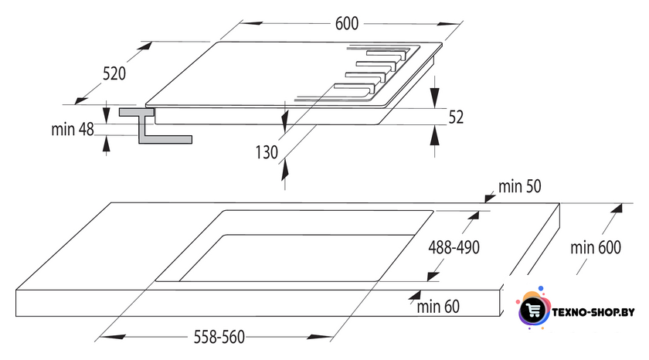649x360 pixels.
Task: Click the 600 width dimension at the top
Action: [347, 24]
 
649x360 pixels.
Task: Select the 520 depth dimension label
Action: [114, 73]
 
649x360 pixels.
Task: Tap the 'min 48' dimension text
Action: [73, 130]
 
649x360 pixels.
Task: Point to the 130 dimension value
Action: [267, 152]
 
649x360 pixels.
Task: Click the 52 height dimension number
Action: [456, 117]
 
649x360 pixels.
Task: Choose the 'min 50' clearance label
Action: [519, 187]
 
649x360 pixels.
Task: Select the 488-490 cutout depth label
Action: [454, 247]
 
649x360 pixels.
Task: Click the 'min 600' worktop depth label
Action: [596, 247]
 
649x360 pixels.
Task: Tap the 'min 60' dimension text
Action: [438, 307]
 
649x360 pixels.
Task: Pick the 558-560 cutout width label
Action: [219, 338]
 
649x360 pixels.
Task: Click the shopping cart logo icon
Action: [532, 309]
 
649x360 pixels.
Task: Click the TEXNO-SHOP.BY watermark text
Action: [593, 312]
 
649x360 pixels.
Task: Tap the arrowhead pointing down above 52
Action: [434, 98]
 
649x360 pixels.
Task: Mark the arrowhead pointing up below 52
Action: [434, 135]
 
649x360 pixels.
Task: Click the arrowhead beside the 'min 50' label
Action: [490, 198]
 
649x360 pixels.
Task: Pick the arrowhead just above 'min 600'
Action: [616, 208]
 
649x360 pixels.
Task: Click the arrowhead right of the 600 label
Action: [450, 24]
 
